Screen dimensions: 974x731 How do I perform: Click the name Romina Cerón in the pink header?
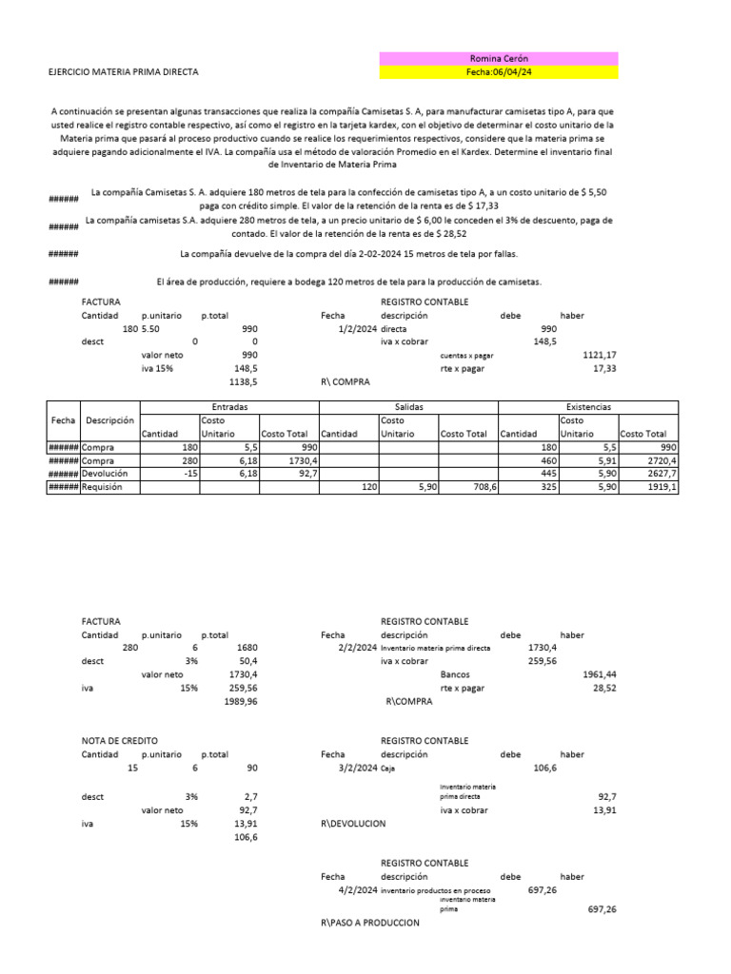498,59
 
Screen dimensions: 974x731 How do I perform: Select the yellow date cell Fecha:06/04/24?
498,72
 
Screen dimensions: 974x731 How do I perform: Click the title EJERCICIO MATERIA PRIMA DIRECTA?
124,72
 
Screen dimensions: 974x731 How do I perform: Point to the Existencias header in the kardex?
588,406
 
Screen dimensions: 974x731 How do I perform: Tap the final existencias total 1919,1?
661,486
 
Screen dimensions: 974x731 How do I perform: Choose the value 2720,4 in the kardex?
661,459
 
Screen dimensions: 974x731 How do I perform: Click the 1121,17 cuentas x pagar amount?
599,355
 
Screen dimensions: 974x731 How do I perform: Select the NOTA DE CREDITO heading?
120,740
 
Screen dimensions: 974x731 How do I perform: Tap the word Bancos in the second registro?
456,673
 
